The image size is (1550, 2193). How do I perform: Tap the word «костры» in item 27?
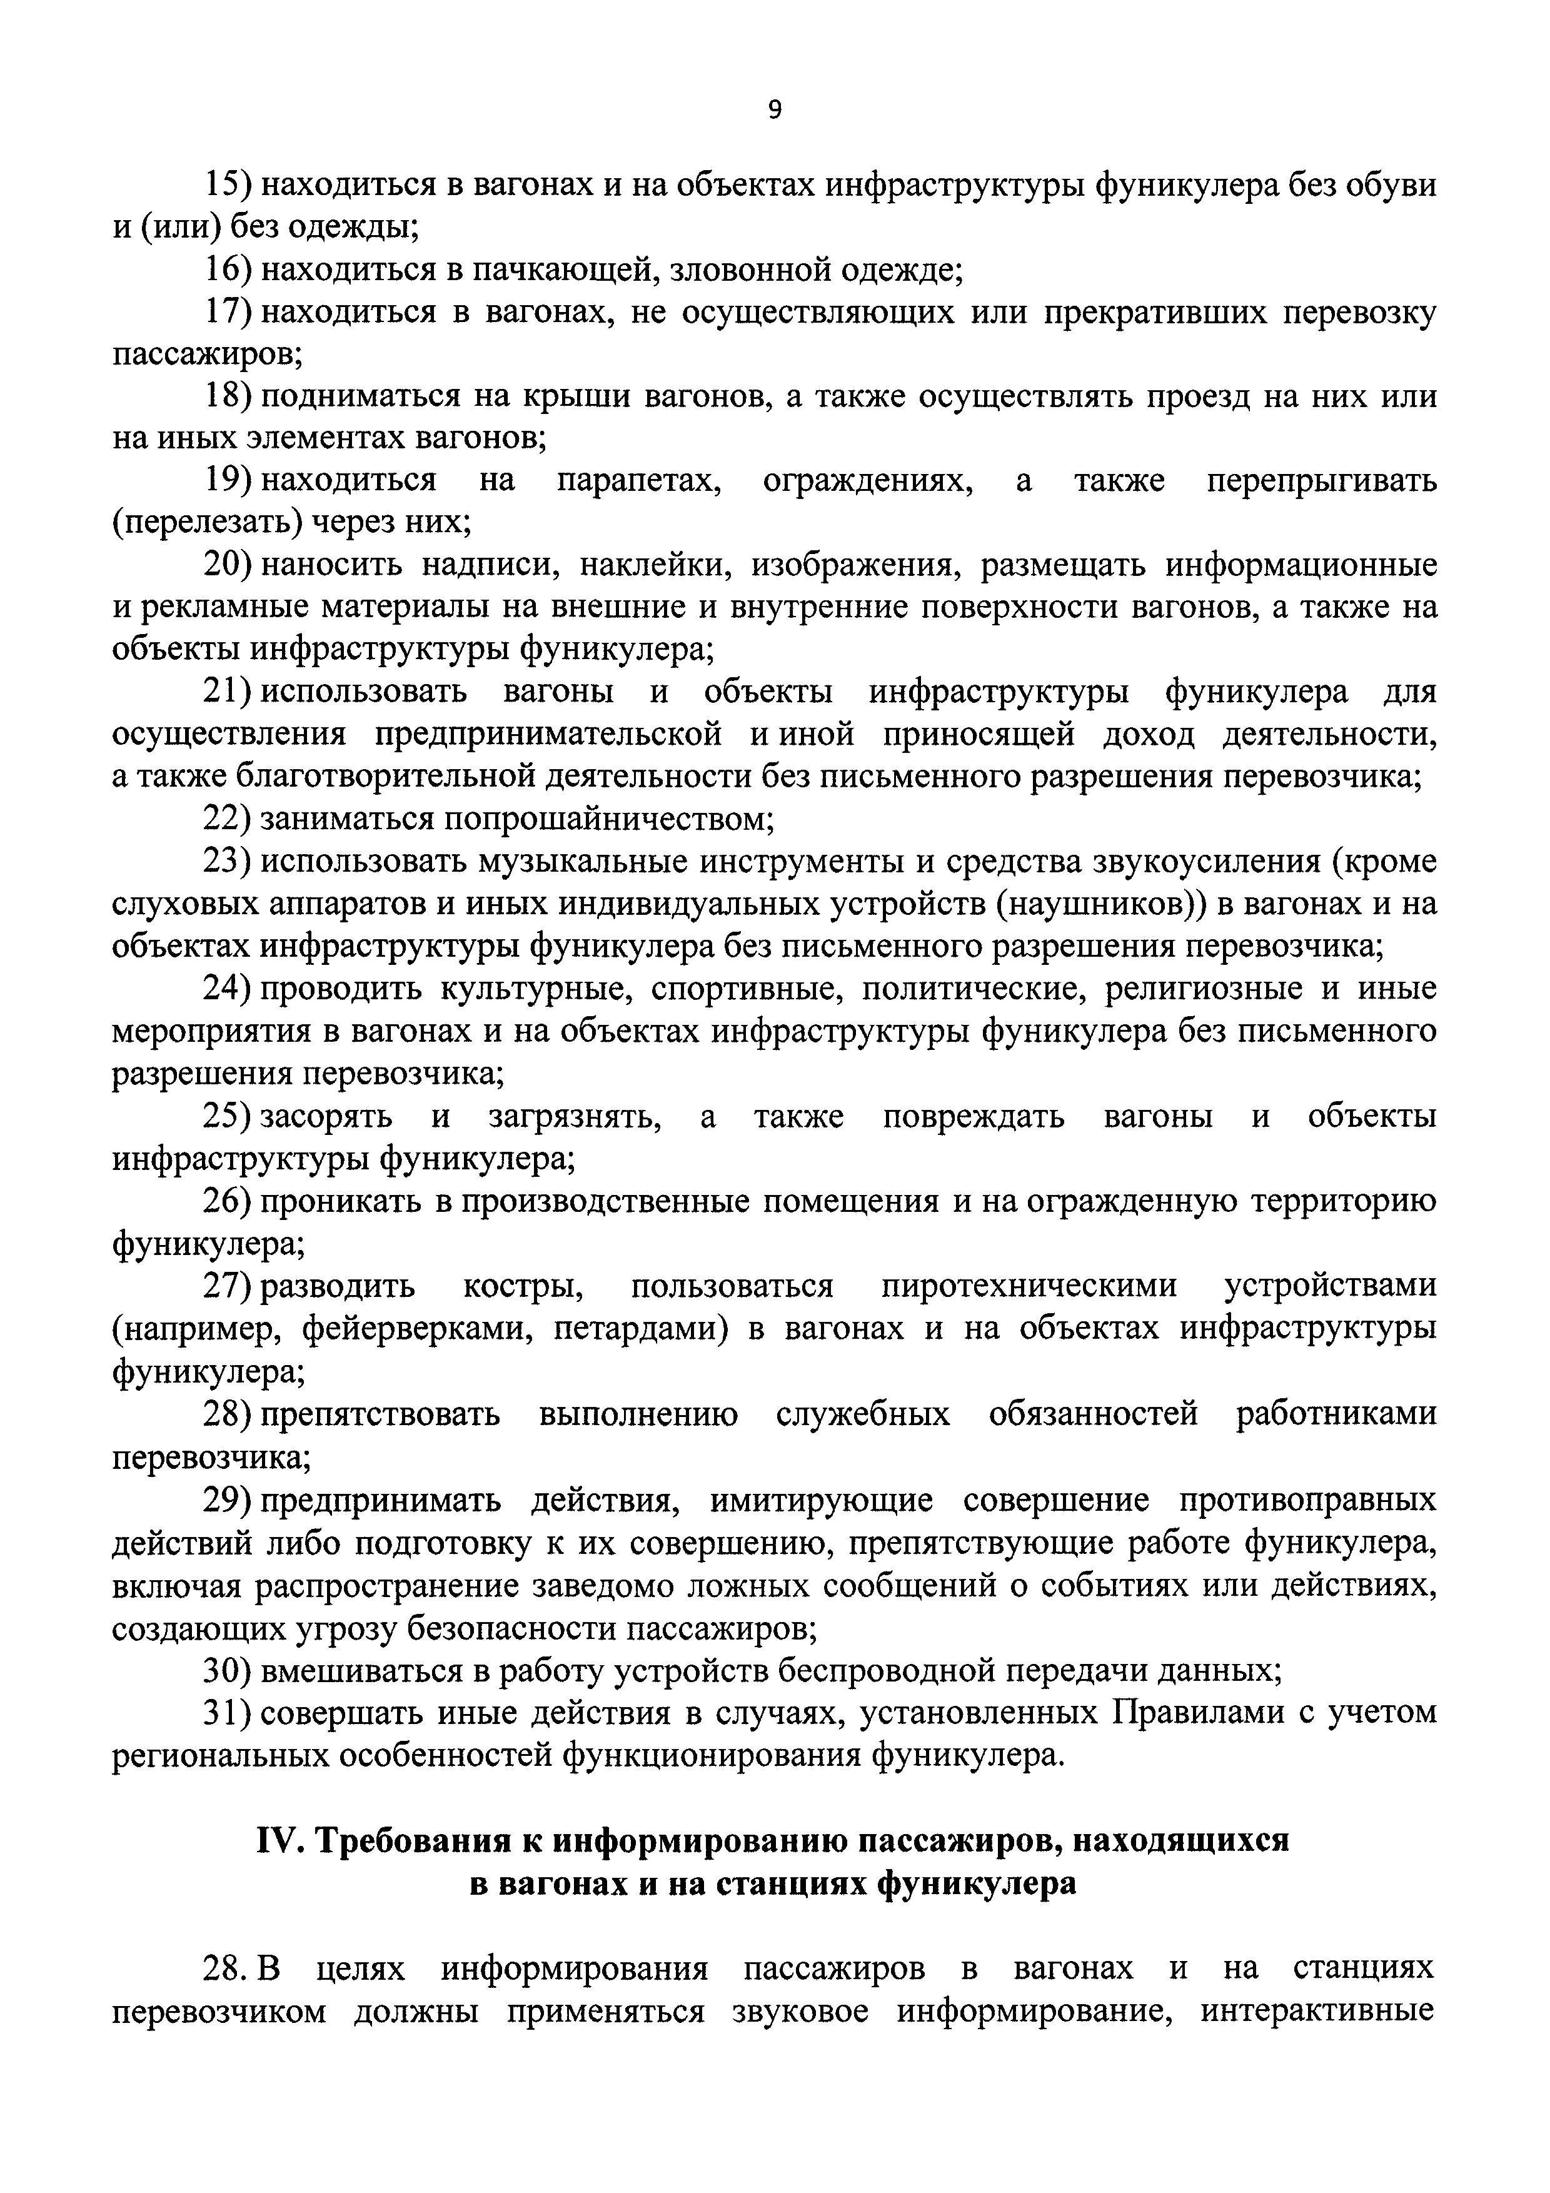pos(523,1286)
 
